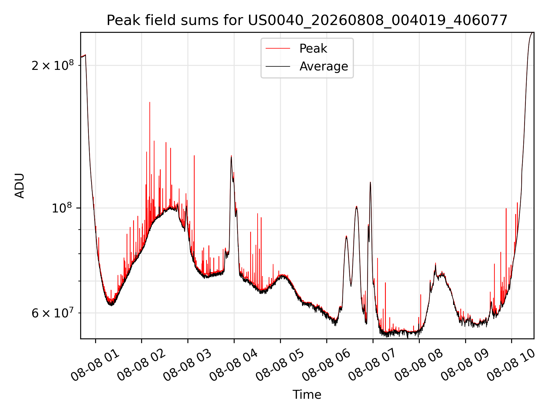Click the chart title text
tap(307, 20)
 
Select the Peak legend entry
tap(296, 49)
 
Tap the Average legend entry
tap(307, 66)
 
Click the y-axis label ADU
tap(20, 186)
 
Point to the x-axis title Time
tap(307, 395)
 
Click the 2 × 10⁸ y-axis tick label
tap(53, 66)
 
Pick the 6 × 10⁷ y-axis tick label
tap(53, 313)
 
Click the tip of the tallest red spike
tap(150, 102)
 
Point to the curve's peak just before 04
tap(231, 156)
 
